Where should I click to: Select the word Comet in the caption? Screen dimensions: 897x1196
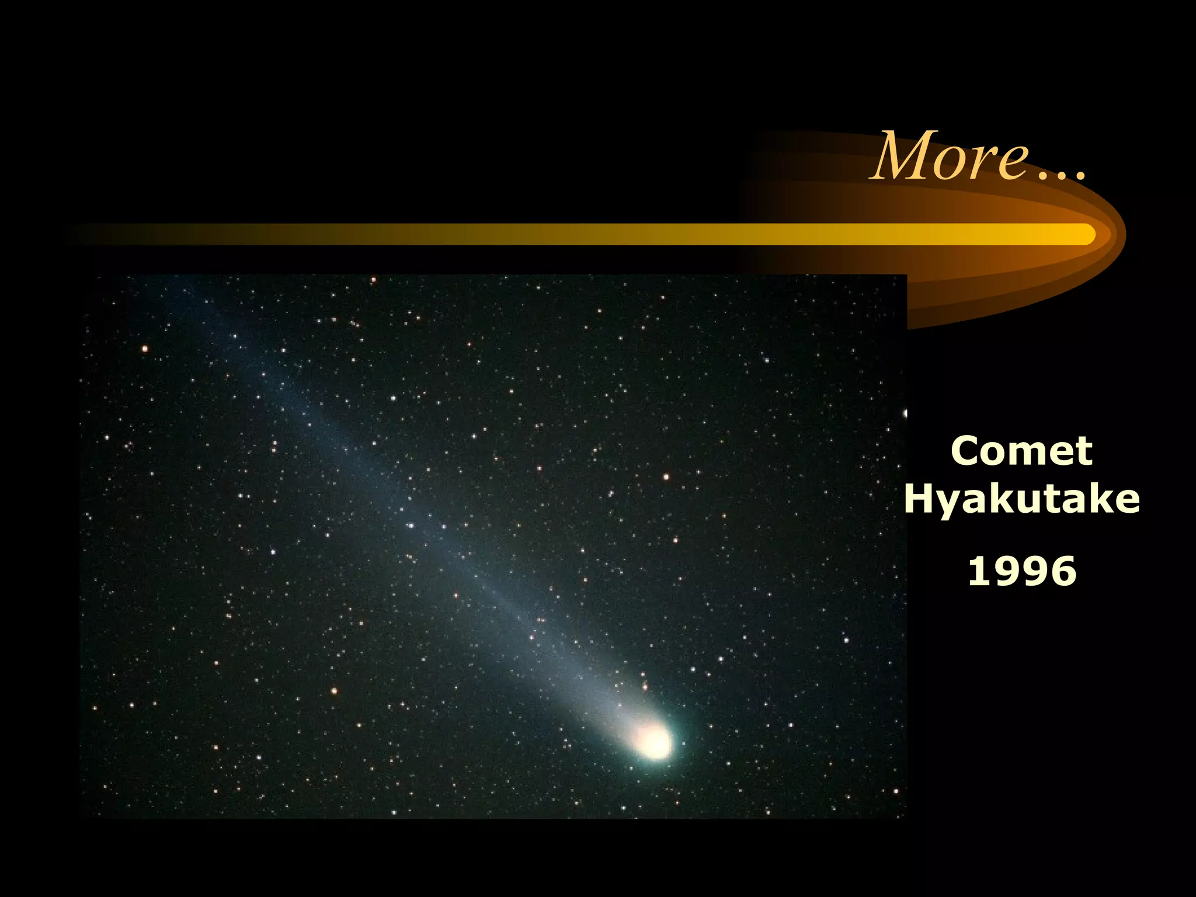click(x=1021, y=451)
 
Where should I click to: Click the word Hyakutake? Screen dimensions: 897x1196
click(x=1021, y=500)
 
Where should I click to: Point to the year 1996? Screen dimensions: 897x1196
click(x=1022, y=571)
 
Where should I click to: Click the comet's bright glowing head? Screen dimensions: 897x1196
click(x=654, y=742)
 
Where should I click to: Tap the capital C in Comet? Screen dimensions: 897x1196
click(x=966, y=451)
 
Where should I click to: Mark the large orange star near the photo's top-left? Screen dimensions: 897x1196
click(x=145, y=349)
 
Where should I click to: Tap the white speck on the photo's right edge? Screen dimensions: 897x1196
click(x=905, y=413)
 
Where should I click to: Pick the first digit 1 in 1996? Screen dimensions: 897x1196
click(x=978, y=571)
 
